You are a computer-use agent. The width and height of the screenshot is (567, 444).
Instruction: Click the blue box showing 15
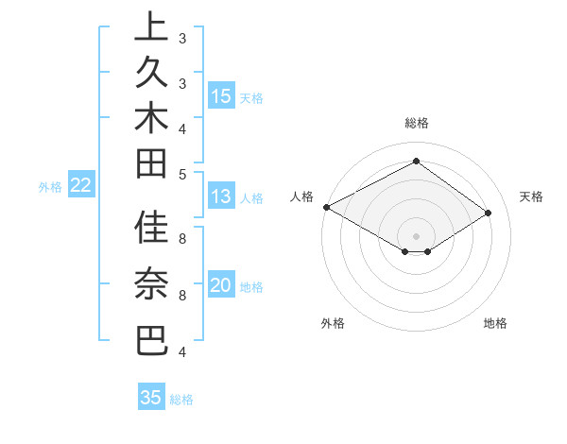[221, 95]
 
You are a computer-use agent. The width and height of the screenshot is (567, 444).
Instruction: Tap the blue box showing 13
[221, 196]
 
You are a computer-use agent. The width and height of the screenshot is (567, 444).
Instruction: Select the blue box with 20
[221, 286]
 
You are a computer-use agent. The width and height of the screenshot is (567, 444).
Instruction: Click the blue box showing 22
[81, 185]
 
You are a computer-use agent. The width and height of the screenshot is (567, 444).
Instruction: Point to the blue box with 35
[151, 398]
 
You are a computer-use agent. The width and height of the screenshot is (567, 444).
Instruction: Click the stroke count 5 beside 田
[182, 173]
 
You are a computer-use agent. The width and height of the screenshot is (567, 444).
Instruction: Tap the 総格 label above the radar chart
[417, 124]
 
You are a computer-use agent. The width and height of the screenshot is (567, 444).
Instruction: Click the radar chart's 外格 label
[333, 323]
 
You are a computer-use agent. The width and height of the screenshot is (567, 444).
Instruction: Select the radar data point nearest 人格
[326, 207]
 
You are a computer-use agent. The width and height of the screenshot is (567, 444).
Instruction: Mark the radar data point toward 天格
[489, 213]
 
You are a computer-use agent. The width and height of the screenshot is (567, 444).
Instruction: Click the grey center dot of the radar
[416, 236]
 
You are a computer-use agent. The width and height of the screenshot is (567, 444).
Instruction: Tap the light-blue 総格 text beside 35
[181, 400]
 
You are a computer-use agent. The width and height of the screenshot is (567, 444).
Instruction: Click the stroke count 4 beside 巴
[182, 352]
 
